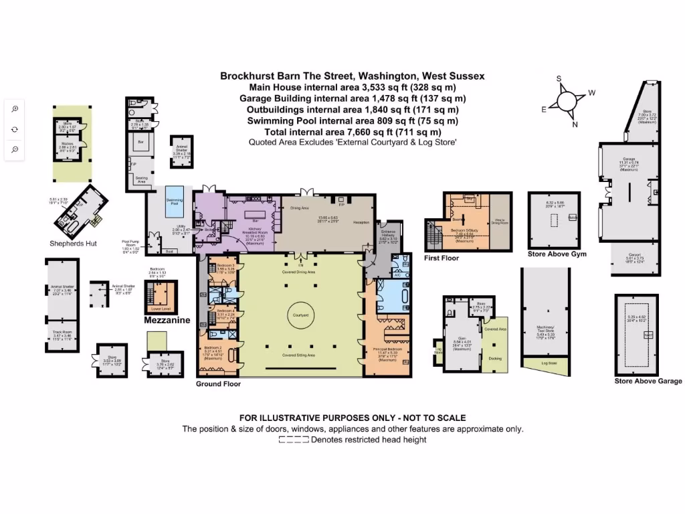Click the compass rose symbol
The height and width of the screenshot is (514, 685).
(566, 102)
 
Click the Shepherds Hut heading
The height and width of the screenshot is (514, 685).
(73, 244)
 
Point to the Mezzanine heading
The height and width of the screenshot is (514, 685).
(167, 321)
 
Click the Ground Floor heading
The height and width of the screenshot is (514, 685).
(218, 384)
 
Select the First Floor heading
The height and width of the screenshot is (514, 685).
(442, 258)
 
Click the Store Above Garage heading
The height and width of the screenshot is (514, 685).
(648, 381)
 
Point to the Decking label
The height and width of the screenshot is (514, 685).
(496, 358)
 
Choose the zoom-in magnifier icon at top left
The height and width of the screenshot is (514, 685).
(15, 108)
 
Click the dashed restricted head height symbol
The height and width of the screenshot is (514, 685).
(293, 440)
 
